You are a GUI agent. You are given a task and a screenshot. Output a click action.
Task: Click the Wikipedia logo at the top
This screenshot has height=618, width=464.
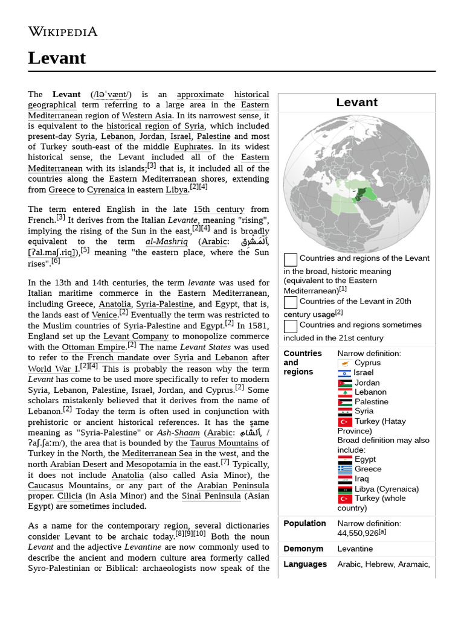(x=62, y=31)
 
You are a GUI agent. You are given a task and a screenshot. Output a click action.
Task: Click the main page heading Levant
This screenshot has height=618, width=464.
(x=57, y=58)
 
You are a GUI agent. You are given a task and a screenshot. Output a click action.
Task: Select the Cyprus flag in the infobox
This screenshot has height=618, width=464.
(x=345, y=363)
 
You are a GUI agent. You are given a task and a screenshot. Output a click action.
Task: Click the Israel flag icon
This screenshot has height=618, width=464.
(x=345, y=373)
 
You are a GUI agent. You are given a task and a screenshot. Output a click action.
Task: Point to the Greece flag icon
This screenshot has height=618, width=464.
(x=345, y=469)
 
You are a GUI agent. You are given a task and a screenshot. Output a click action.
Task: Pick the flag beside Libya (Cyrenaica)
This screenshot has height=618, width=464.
(x=345, y=489)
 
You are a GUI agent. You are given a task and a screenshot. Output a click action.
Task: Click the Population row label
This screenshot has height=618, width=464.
(x=304, y=523)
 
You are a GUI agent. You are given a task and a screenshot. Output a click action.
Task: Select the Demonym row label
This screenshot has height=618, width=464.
(x=303, y=549)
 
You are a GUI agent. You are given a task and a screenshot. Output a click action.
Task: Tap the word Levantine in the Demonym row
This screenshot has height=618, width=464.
(x=355, y=549)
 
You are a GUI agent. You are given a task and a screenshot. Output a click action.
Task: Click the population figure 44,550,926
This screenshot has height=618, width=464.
(x=356, y=534)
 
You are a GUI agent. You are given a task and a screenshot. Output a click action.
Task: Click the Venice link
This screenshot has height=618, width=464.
(x=104, y=315)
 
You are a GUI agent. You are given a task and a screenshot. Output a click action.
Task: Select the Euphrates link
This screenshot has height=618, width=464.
(x=192, y=147)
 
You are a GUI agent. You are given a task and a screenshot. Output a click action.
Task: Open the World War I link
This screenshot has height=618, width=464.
(x=53, y=369)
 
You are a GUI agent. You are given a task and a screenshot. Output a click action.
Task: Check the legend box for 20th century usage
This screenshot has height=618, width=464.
(x=291, y=302)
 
